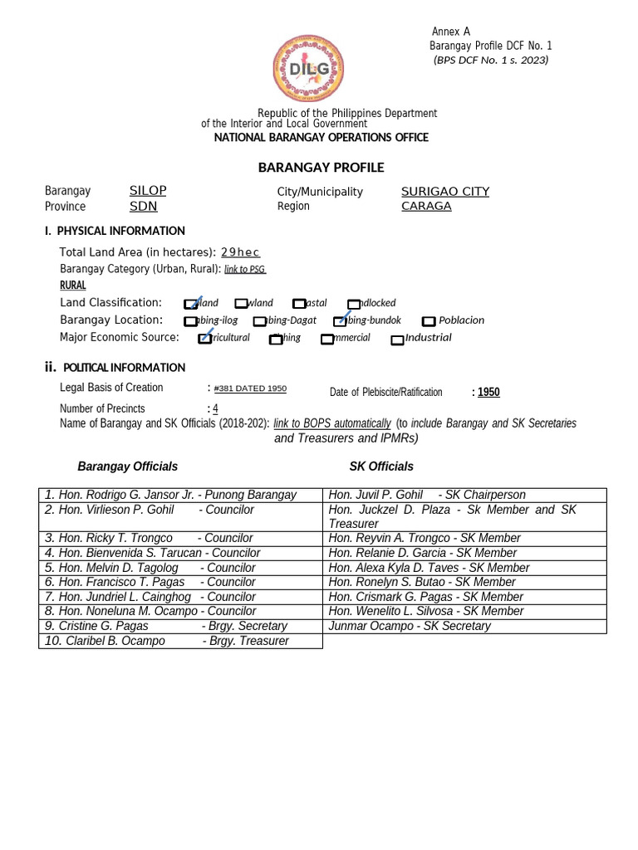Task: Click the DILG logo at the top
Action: point(308,71)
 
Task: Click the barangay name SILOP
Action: point(148,191)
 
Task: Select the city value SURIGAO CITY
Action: point(445,192)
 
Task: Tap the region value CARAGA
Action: point(426,206)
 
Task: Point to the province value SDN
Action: point(143,206)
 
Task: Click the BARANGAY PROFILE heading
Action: point(321,168)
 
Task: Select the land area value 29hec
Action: point(240,252)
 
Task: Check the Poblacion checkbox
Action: point(429,321)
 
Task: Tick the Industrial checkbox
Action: point(398,339)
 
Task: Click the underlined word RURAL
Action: point(73,286)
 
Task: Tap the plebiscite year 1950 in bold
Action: point(488,392)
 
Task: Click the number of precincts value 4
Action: point(215,408)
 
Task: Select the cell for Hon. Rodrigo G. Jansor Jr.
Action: point(180,495)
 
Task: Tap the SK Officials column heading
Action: point(381,467)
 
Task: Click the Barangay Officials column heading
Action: point(128,467)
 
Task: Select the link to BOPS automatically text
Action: point(332,423)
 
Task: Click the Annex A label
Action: point(451,32)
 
